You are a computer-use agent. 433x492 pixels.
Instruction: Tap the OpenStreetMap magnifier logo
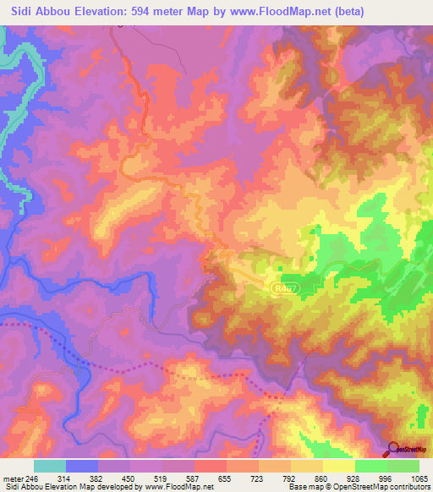click(392, 449)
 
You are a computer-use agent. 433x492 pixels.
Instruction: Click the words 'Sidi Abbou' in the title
click(38, 12)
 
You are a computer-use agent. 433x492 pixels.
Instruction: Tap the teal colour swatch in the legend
click(50, 467)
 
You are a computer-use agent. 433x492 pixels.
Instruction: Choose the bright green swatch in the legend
click(370, 467)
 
